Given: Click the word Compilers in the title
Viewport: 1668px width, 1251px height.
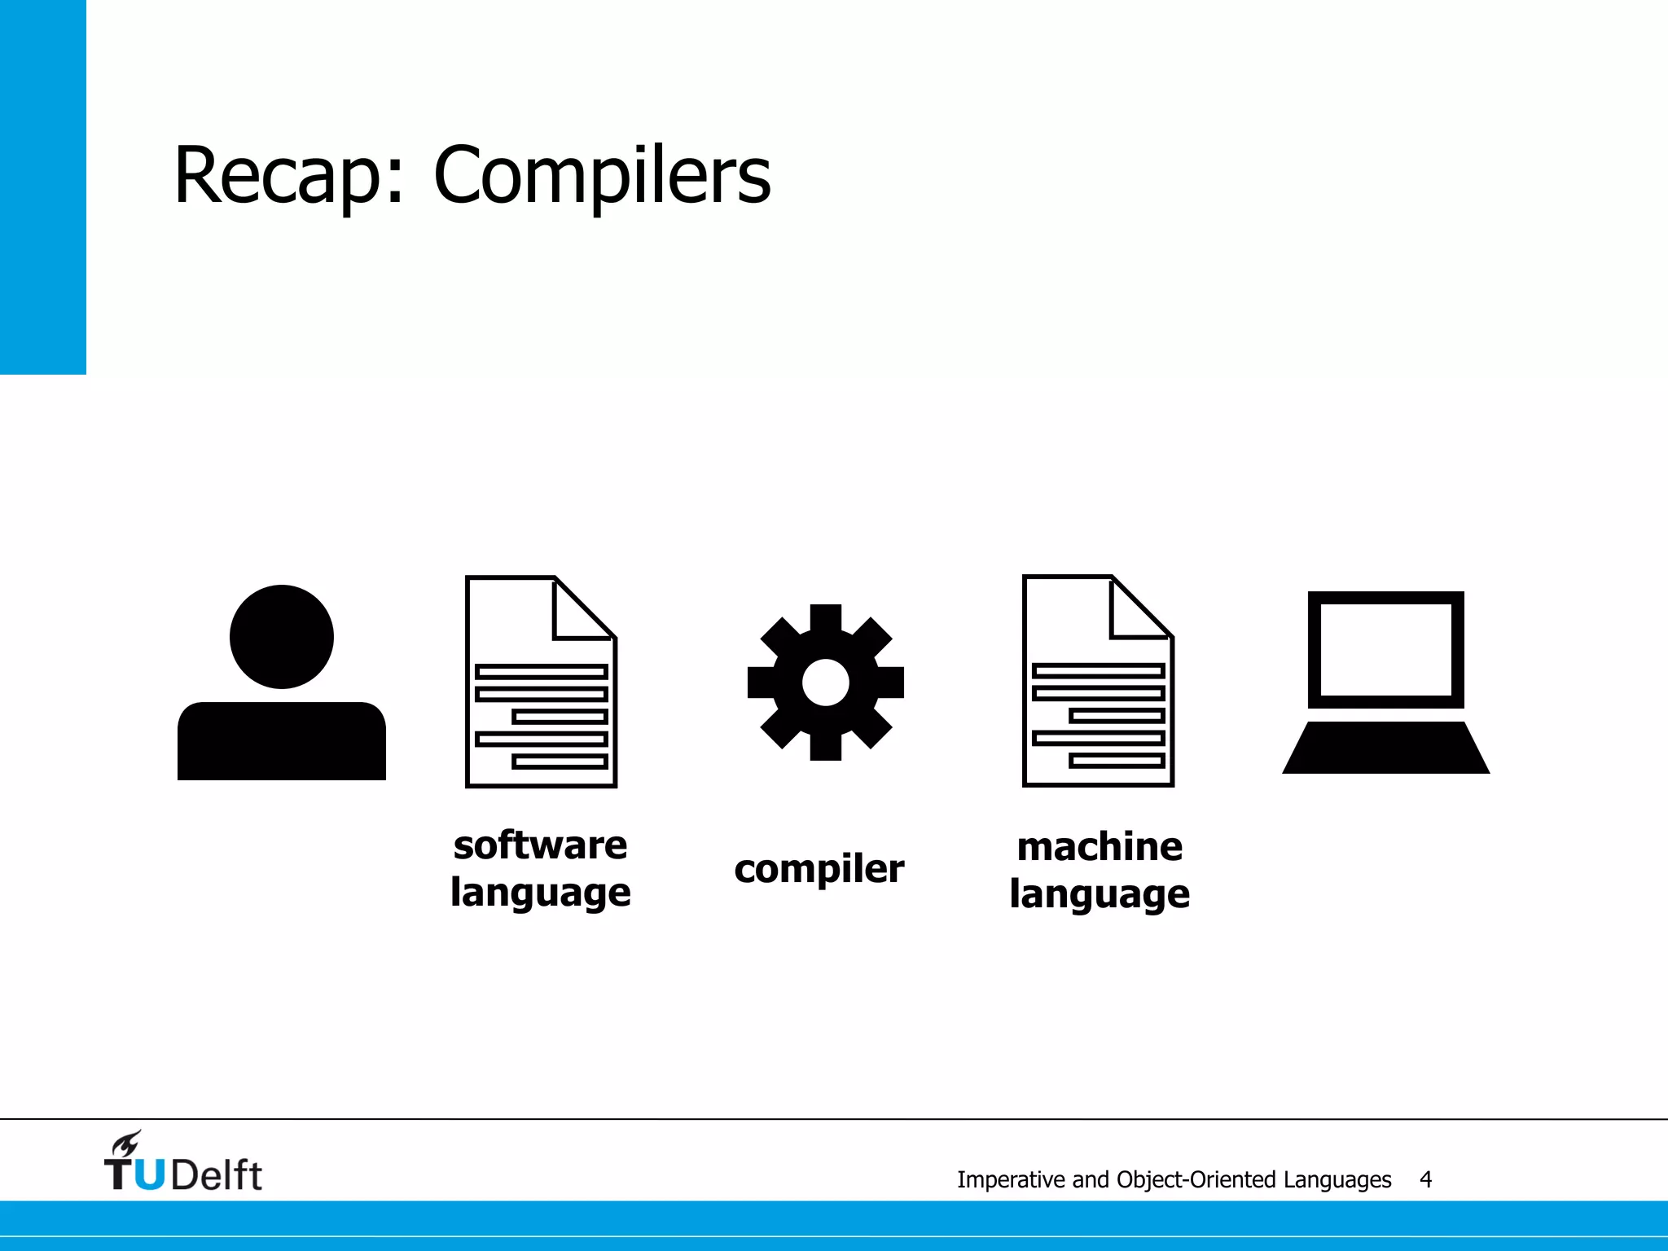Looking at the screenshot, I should (602, 177).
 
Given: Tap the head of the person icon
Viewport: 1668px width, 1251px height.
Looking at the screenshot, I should (282, 637).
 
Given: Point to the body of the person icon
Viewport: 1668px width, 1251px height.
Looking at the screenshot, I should (282, 741).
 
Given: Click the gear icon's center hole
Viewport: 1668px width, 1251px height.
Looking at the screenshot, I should (825, 683).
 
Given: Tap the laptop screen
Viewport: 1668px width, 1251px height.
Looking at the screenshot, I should (1386, 650).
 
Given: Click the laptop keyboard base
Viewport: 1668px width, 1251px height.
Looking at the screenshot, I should (1386, 748).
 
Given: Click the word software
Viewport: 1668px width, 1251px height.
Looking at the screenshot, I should (541, 845).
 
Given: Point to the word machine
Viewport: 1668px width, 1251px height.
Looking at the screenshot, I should (1100, 847).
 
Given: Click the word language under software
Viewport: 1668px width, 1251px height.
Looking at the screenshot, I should (541, 893).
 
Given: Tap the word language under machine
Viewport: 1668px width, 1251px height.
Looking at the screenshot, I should (1100, 894).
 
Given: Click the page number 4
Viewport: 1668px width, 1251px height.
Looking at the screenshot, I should (1425, 1179).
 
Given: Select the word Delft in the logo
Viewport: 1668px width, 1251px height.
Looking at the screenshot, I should (217, 1175).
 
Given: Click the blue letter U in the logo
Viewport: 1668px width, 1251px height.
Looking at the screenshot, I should (150, 1175).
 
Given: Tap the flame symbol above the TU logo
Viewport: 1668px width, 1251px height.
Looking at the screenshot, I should (127, 1143).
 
